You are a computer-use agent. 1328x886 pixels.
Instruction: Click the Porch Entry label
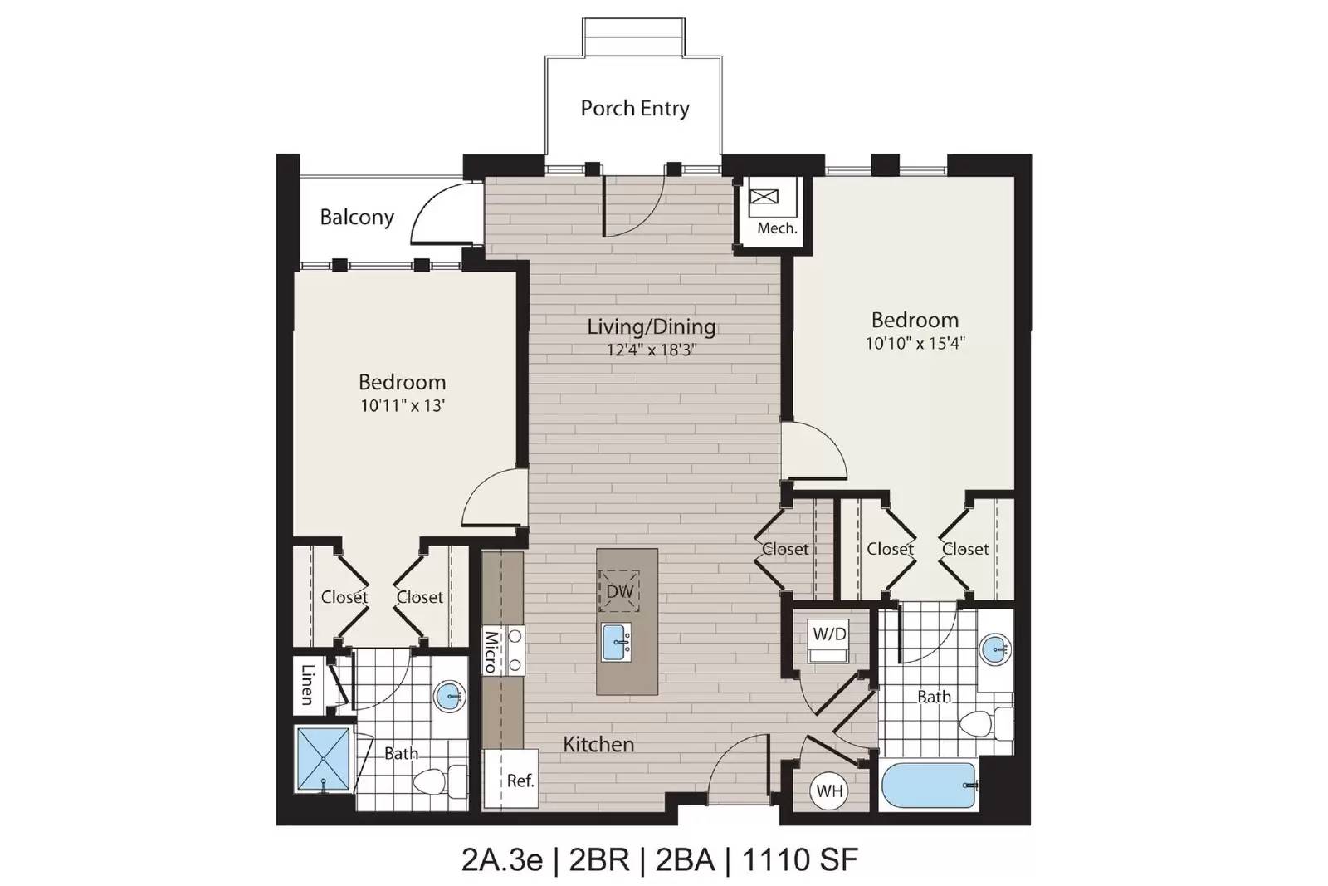[x=634, y=109]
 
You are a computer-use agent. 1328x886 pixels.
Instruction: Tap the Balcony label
[x=357, y=217]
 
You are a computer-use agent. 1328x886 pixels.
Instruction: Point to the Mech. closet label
[x=777, y=228]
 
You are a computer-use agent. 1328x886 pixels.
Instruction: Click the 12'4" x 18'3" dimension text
[x=651, y=350]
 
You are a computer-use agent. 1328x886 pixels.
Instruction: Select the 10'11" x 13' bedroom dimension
[x=403, y=406]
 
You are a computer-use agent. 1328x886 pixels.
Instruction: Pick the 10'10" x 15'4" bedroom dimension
[x=915, y=344]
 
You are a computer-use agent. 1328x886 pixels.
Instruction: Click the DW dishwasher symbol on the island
[x=618, y=590]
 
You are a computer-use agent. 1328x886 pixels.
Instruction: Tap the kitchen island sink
[x=617, y=642]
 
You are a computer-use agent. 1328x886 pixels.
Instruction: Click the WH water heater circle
[x=829, y=791]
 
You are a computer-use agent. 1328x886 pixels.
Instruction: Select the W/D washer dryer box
[x=829, y=641]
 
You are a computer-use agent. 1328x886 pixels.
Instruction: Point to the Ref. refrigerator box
[x=511, y=778]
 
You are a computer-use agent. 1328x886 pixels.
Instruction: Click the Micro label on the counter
[x=491, y=652]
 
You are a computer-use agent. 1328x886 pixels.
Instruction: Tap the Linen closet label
[x=308, y=685]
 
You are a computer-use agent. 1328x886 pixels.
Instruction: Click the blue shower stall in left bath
[x=323, y=758]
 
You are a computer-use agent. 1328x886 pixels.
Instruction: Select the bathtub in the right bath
[x=929, y=786]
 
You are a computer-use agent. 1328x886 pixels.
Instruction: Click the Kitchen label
[x=598, y=745]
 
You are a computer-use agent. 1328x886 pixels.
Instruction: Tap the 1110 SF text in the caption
[x=800, y=860]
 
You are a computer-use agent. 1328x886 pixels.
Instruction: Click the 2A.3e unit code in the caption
[x=502, y=860]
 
